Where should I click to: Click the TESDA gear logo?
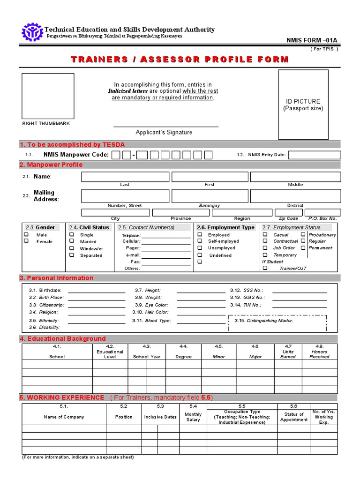click(x=32, y=32)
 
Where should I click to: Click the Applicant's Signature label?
click(x=164, y=133)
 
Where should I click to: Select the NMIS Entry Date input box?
click(x=314, y=155)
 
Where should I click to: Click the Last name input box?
click(x=125, y=177)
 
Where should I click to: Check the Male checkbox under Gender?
click(x=27, y=235)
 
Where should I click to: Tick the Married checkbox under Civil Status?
click(x=72, y=241)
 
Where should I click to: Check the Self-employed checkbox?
click(x=200, y=241)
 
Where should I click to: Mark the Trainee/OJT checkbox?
click(x=265, y=268)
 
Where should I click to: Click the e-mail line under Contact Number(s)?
click(x=166, y=255)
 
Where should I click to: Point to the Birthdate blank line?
click(x=97, y=291)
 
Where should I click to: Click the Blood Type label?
click(x=158, y=321)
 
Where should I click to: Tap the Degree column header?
click(x=183, y=357)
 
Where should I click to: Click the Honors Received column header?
click(x=319, y=354)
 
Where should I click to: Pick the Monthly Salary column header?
click(x=193, y=417)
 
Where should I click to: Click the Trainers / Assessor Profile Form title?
click(x=180, y=60)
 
